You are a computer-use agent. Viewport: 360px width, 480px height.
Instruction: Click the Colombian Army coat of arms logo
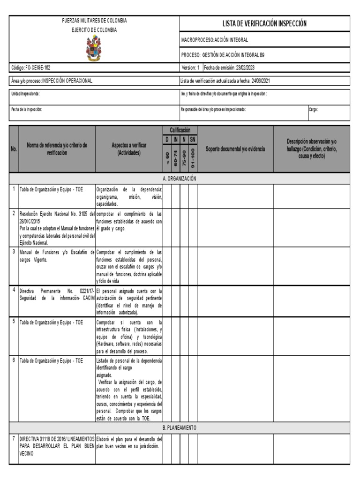pos(94,49)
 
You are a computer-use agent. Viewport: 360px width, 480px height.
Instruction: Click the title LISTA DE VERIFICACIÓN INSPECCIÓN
pos(264,23)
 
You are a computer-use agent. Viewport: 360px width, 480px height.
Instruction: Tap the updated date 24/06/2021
pos(260,81)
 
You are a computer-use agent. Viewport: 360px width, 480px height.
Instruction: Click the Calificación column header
pos(180,130)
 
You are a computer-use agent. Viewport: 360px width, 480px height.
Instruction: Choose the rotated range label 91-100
pos(193,157)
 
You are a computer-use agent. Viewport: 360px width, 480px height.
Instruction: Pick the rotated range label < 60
pos(167,158)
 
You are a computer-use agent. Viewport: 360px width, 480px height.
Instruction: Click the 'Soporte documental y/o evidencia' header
pos(235,149)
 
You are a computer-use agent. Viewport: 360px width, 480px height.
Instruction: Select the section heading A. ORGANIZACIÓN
pos(180,179)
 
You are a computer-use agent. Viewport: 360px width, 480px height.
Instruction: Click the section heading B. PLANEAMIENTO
pos(180,428)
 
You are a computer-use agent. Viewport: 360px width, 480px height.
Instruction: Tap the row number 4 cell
pos(14,290)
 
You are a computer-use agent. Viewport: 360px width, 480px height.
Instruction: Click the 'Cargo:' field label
pos(313,109)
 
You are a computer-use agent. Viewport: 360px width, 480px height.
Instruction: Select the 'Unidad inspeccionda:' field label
pos(26,94)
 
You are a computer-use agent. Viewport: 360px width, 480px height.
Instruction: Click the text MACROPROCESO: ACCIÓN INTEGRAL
pos(215,40)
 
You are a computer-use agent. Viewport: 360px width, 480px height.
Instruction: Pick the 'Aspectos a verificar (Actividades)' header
pos(129,149)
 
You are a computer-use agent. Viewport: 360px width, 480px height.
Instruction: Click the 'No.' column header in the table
pos(14,149)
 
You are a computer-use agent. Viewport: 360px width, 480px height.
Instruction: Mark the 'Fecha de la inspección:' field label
pos(27,109)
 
